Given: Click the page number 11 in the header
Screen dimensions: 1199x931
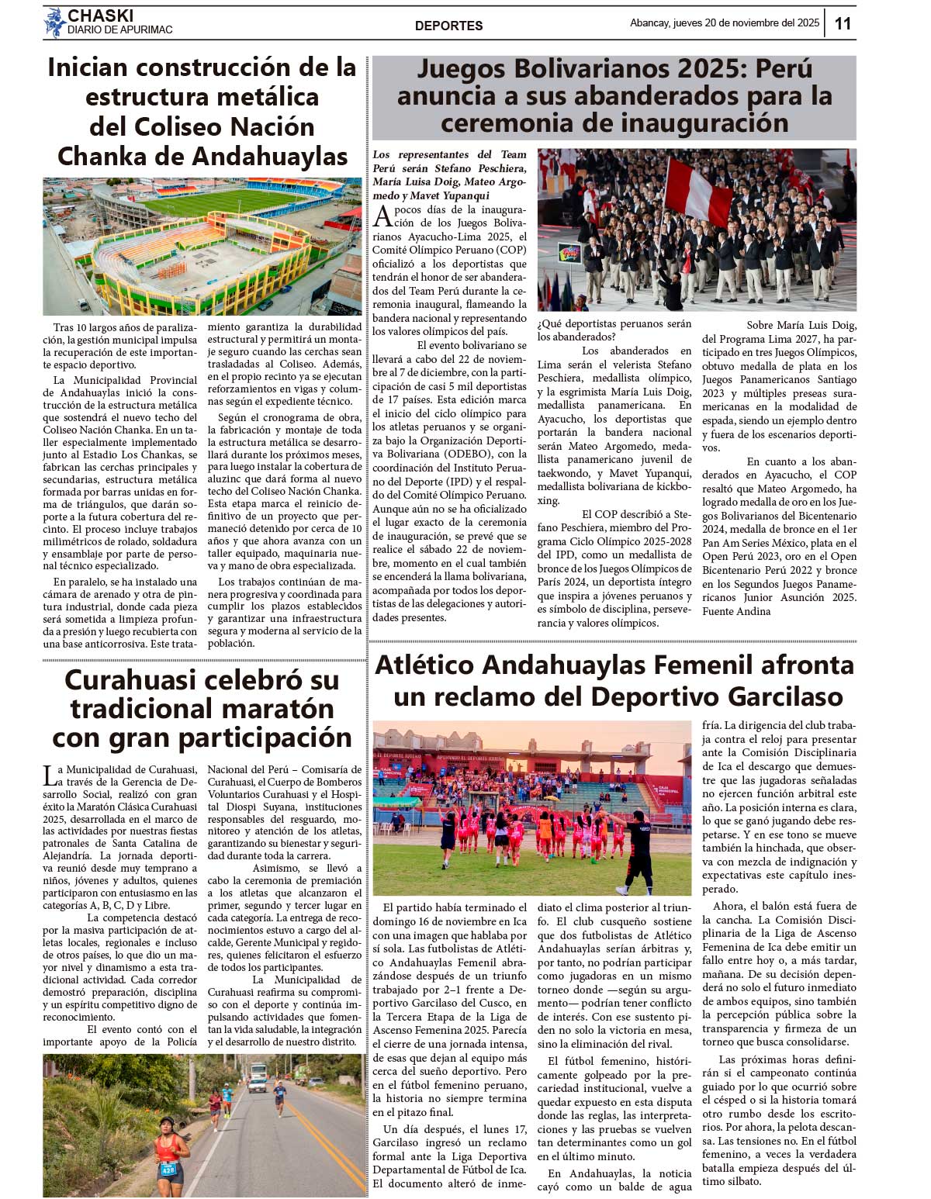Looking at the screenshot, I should [843, 23].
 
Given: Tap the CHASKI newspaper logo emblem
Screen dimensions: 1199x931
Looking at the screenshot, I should [54, 22].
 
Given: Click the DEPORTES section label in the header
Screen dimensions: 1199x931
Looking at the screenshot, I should [448, 26].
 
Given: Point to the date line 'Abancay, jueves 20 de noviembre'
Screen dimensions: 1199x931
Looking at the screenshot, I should [724, 23].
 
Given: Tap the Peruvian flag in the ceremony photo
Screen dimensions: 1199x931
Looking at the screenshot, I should [701, 188].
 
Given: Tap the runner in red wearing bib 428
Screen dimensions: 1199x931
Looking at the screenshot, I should [171, 1149].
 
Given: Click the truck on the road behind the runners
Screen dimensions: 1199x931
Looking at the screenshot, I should [258, 1074].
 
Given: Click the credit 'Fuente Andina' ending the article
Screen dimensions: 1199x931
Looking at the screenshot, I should [736, 611].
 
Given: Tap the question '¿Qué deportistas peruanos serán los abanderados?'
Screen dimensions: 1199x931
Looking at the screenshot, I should [614, 330].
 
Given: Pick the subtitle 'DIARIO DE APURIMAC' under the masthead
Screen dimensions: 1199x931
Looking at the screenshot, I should [119, 30].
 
